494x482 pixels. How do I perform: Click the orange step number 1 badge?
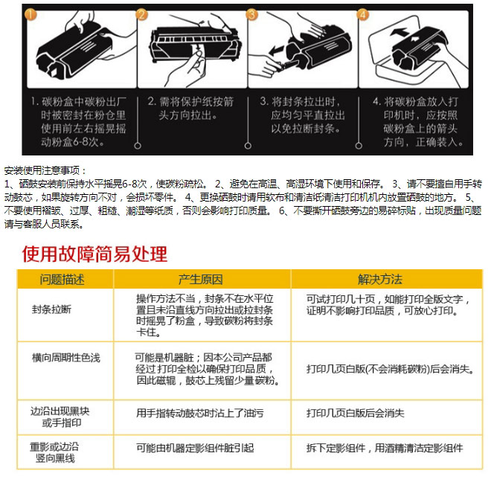click(31, 14)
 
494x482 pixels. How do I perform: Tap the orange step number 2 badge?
click(141, 14)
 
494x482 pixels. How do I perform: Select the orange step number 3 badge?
click(251, 14)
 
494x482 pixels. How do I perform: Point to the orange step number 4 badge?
click(362, 14)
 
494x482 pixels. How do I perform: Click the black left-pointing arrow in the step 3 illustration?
click(276, 50)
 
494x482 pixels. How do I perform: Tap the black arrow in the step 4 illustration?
click(400, 32)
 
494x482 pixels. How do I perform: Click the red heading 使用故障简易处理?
click(94, 254)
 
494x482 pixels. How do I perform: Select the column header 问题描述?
click(62, 280)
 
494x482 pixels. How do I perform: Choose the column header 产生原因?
click(201, 280)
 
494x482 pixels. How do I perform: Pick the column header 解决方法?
click(380, 280)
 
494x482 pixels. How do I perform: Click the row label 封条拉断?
click(51, 309)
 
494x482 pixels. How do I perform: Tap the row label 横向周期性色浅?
click(66, 358)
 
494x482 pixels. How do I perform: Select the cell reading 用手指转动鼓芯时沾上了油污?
click(199, 413)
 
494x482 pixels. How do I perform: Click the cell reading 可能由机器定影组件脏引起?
click(195, 448)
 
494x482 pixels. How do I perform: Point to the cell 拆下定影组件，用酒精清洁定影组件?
click(385, 448)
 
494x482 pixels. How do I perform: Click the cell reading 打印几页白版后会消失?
click(356, 413)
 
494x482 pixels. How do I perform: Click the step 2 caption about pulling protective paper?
click(190, 109)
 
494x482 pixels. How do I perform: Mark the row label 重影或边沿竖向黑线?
click(54, 452)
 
